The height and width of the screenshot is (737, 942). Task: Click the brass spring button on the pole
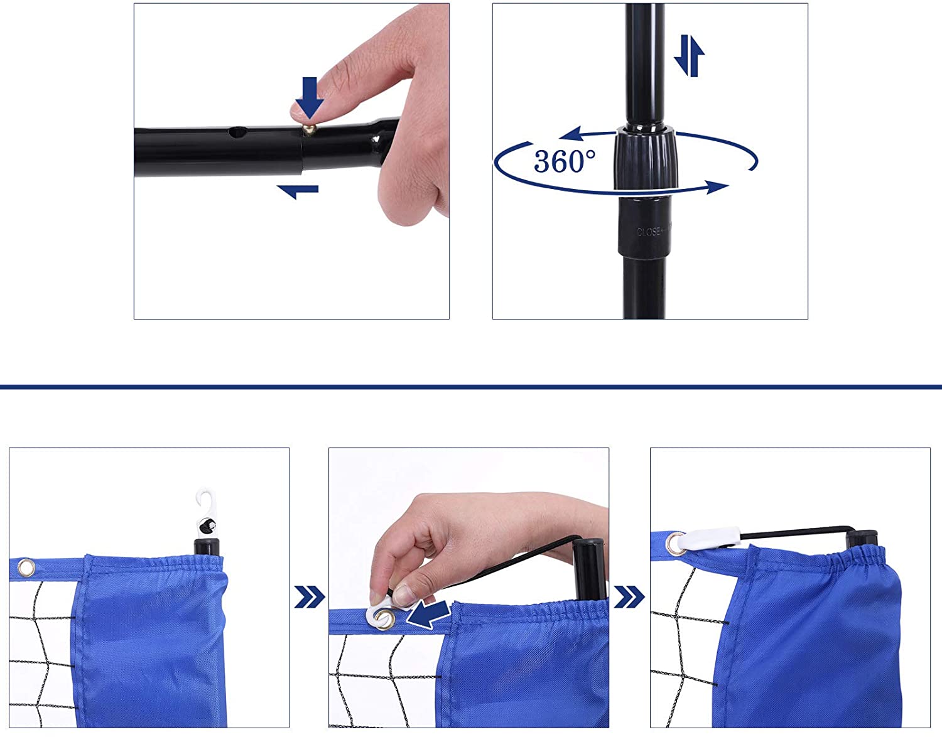pyautogui.click(x=308, y=129)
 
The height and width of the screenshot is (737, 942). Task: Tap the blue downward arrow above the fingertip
pyautogui.click(x=309, y=95)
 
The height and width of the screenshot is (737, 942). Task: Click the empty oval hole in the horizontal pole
pyautogui.click(x=238, y=132)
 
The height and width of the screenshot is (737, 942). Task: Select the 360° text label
pyautogui.click(x=564, y=161)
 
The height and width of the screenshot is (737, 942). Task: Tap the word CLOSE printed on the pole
pyautogui.click(x=649, y=232)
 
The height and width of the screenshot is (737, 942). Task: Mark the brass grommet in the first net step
pyautogui.click(x=26, y=568)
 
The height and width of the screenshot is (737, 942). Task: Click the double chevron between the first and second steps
pyautogui.click(x=309, y=597)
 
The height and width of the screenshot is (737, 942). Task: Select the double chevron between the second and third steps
pyautogui.click(x=629, y=597)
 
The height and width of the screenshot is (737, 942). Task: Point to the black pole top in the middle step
pyautogui.click(x=589, y=565)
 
